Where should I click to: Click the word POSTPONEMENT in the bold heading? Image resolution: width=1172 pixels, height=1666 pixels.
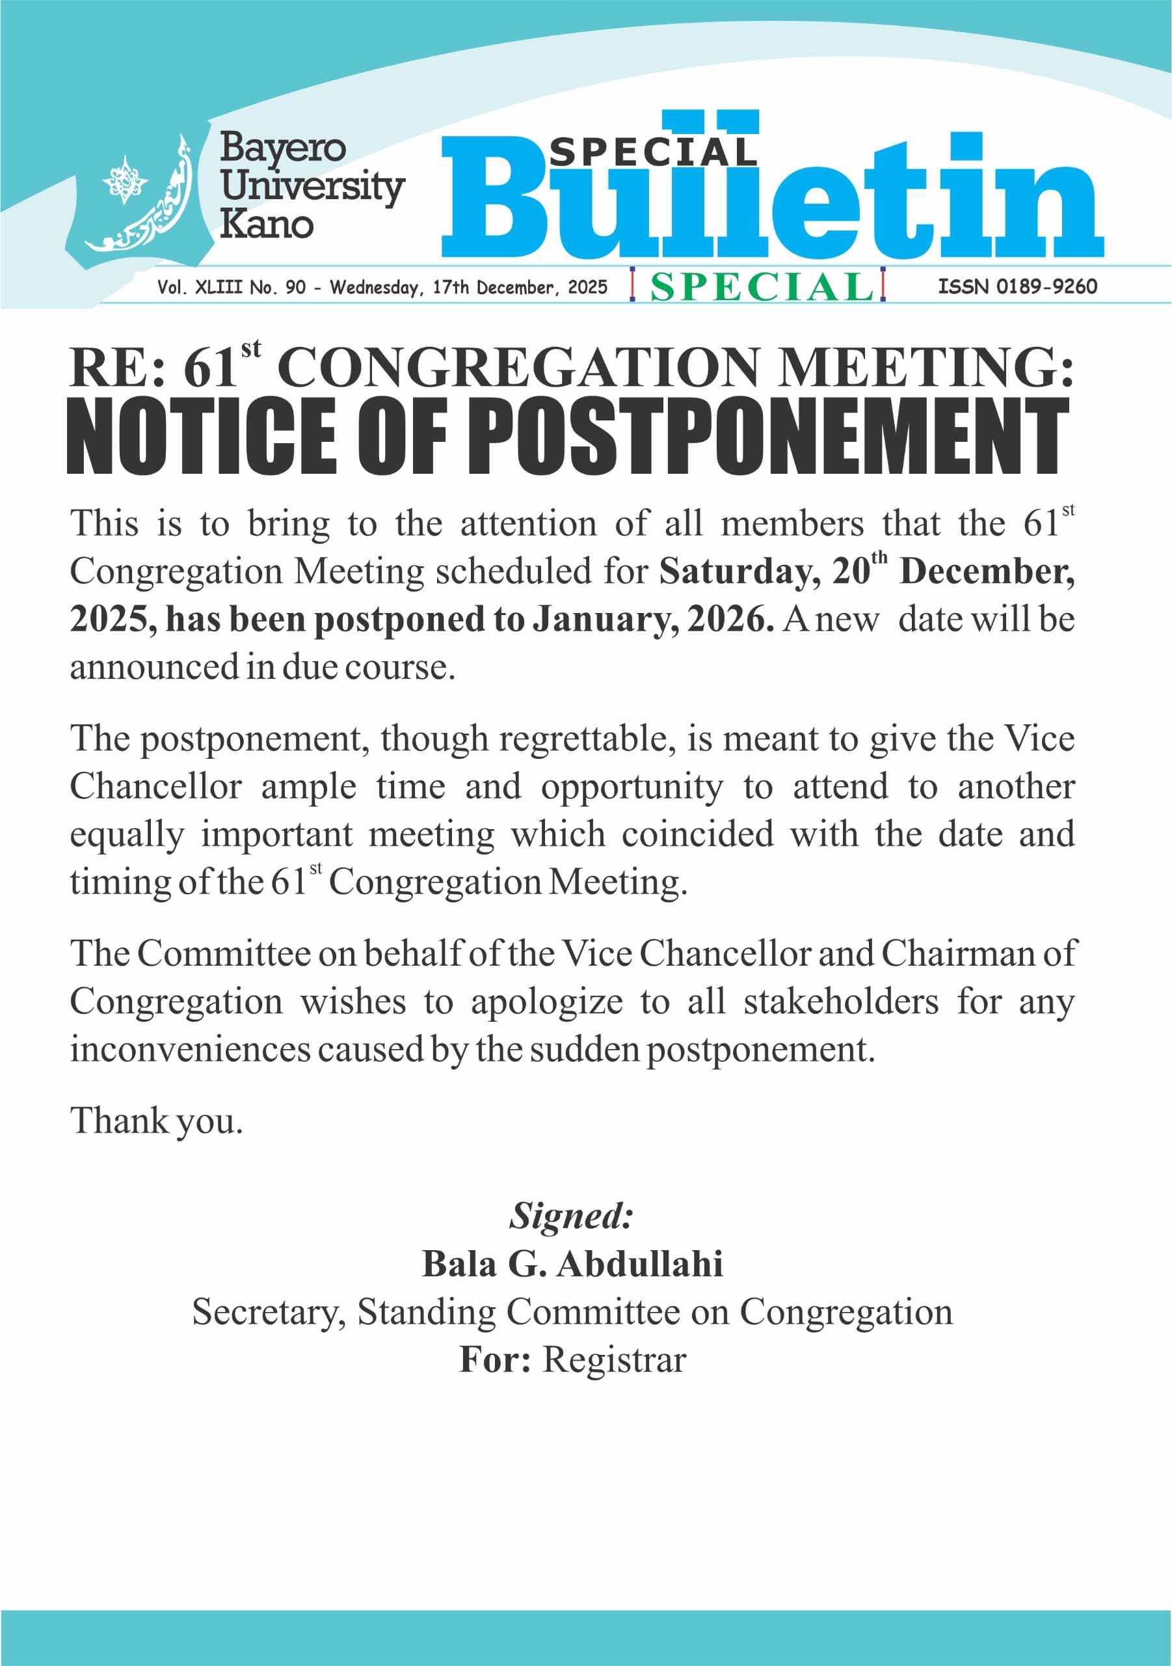pyautogui.click(x=769, y=436)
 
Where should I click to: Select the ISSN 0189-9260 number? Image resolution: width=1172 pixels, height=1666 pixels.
pyautogui.click(x=1017, y=286)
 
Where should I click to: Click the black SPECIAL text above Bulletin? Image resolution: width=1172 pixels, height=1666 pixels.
pyautogui.click(x=653, y=151)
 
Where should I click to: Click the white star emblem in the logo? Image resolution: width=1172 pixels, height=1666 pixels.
pyautogui.click(x=125, y=178)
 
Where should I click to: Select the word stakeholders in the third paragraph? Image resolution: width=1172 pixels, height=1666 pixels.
pyautogui.click(x=840, y=1002)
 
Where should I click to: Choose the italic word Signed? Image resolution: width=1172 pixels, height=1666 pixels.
pyautogui.click(x=571, y=1216)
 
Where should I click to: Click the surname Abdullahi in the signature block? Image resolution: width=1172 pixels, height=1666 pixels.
pyautogui.click(x=640, y=1263)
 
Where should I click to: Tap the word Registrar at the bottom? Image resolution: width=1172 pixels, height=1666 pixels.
pyautogui.click(x=613, y=1359)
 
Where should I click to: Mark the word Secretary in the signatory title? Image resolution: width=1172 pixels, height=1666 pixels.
pyautogui.click(x=269, y=1312)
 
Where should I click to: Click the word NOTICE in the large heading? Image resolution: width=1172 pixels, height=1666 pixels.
pyautogui.click(x=201, y=436)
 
